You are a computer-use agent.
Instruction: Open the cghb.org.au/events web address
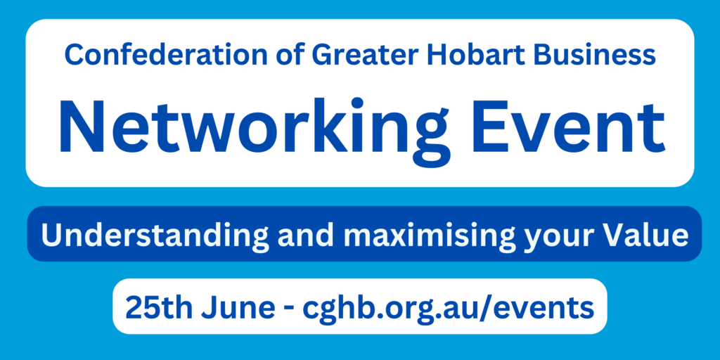pyautogui.click(x=448, y=309)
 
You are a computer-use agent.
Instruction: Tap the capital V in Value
pyautogui.click(x=613, y=235)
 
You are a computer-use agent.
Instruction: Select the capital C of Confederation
pyautogui.click(x=73, y=54)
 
